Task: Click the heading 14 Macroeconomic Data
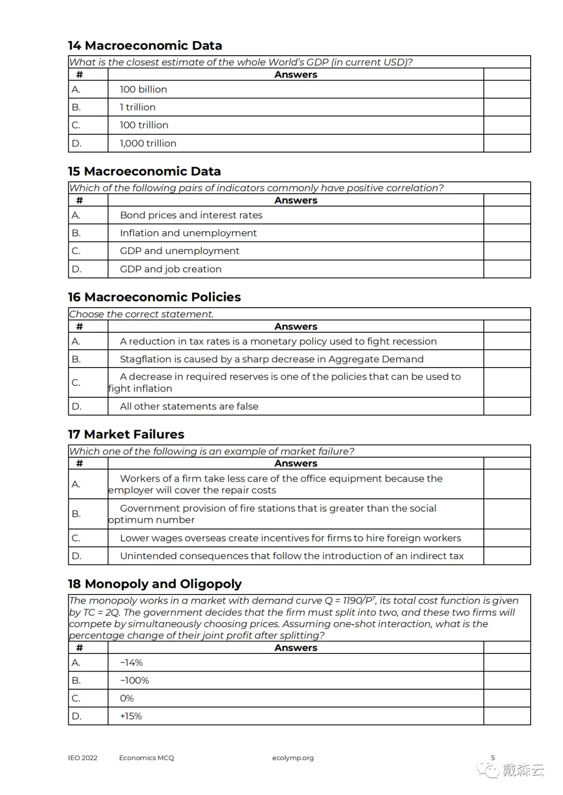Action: pyautogui.click(x=145, y=46)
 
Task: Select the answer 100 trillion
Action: pyautogui.click(x=144, y=125)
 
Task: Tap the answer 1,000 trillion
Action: pyautogui.click(x=148, y=143)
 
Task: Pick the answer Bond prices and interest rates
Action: pyautogui.click(x=191, y=215)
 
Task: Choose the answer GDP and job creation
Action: pyautogui.click(x=170, y=269)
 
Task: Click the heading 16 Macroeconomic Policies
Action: pyautogui.click(x=154, y=297)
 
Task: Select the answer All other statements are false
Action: pyautogui.click(x=189, y=407)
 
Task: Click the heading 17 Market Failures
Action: pyautogui.click(x=126, y=434)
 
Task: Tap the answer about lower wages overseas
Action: pyautogui.click(x=290, y=538)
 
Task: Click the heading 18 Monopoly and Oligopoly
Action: pyautogui.click(x=155, y=584)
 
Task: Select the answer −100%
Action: pyautogui.click(x=134, y=680)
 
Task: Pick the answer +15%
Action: pyautogui.click(x=131, y=716)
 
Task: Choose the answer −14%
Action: pyautogui.click(x=131, y=663)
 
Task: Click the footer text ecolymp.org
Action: pyautogui.click(x=292, y=758)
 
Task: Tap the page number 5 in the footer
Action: pyautogui.click(x=493, y=758)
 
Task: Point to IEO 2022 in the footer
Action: pyautogui.click(x=82, y=758)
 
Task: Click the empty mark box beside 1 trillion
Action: pyautogui.click(x=507, y=107)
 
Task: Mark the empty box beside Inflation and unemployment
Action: pyautogui.click(x=507, y=233)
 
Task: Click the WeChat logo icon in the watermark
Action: pyautogui.click(x=489, y=770)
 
